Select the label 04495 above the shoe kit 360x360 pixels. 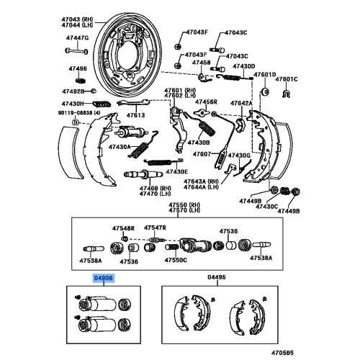point(217,276)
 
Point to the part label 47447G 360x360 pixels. point(77,37)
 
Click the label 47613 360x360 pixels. point(136,114)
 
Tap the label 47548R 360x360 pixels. point(123,228)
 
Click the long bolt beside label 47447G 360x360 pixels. point(76,50)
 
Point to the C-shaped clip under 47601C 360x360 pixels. point(286,92)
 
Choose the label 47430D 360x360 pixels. point(243,66)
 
